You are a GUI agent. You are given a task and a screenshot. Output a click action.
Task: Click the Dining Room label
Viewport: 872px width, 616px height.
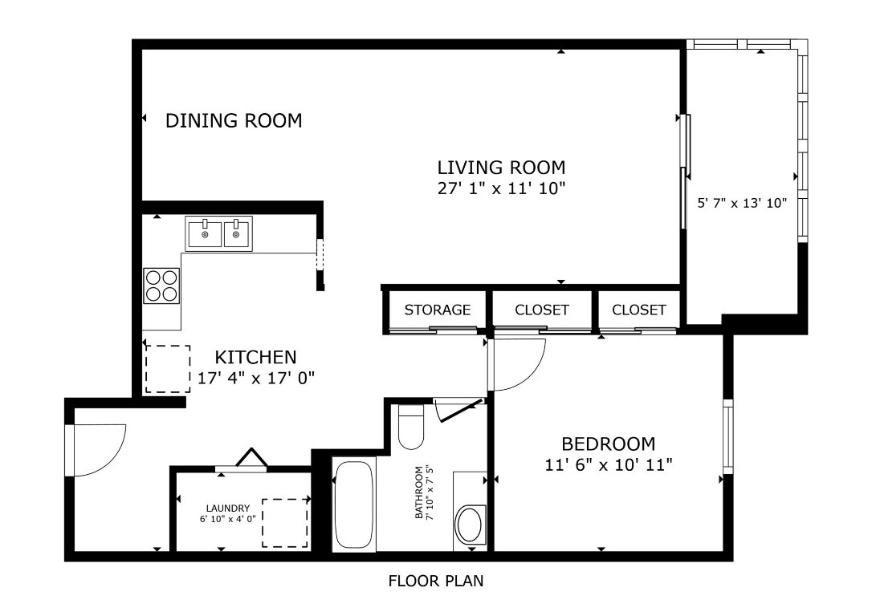tap(234, 121)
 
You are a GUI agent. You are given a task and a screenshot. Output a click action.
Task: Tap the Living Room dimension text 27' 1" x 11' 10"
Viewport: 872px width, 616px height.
tap(501, 188)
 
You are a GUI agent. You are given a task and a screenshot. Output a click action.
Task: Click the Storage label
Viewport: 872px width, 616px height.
tap(437, 310)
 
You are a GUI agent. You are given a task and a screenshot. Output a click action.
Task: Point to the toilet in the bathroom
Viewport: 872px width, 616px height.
tap(411, 428)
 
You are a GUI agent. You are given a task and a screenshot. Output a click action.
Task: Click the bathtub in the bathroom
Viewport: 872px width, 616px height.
tap(353, 504)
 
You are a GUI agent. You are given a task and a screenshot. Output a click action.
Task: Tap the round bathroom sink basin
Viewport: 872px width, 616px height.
tap(469, 525)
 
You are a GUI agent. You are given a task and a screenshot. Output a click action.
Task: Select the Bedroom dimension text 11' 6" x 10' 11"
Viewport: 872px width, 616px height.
tap(608, 464)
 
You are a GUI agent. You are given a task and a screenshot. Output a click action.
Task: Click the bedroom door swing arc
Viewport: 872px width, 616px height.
tap(518, 365)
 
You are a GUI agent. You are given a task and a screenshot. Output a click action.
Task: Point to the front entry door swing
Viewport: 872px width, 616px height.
tap(98, 449)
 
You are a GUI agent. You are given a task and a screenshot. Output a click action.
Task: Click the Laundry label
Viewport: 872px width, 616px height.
tap(228, 509)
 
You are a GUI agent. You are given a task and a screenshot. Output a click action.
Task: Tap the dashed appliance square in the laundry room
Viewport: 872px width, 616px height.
tap(285, 523)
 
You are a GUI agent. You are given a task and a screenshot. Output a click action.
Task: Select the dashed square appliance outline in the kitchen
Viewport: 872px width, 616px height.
tap(168, 369)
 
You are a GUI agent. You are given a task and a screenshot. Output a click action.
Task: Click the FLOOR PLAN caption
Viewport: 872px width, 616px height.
tap(436, 581)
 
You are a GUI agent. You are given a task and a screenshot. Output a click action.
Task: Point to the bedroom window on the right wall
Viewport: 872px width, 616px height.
tap(727, 436)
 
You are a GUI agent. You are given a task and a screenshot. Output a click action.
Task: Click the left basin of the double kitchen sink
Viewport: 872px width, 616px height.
tap(205, 234)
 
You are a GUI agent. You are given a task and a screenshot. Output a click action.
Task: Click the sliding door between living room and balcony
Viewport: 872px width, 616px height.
tap(685, 172)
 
